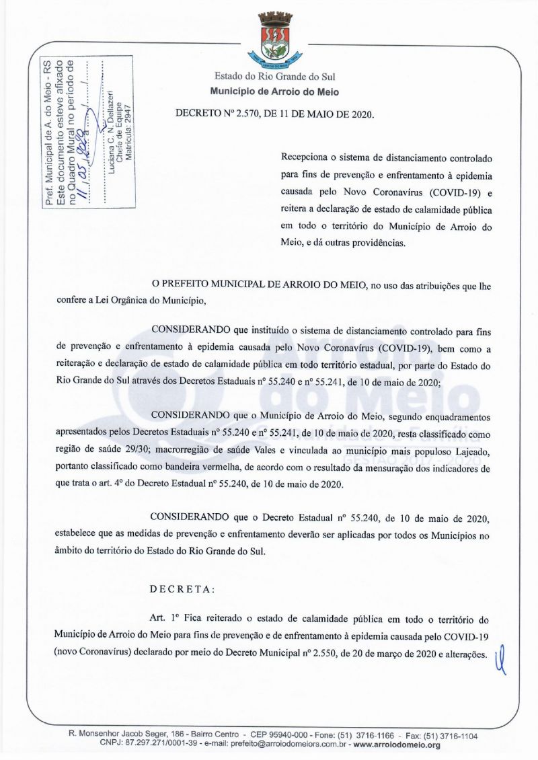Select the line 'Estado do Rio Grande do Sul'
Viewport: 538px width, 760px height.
coord(275,77)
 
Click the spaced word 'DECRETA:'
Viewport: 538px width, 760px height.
coord(183,588)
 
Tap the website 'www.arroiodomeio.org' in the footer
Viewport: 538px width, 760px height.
coord(397,745)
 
